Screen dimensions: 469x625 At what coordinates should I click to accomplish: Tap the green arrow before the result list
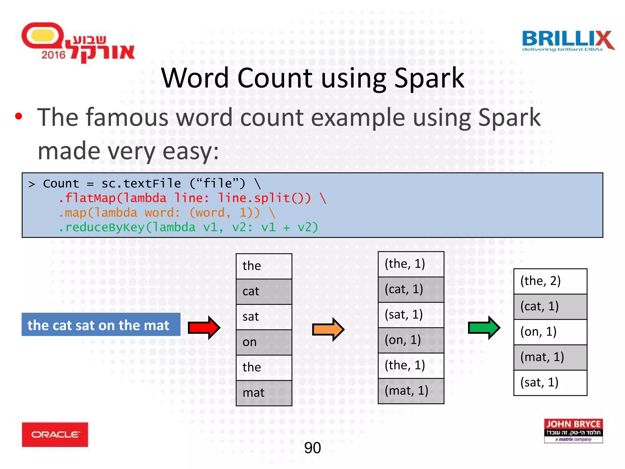tap(484, 328)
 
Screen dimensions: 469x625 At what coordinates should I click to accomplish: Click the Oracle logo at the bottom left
tap(55, 434)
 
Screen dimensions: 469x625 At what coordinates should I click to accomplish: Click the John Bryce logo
tap(573, 431)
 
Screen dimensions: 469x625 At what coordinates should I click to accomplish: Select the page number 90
tap(312, 448)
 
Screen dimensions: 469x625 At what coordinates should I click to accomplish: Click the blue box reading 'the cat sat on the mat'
tap(101, 325)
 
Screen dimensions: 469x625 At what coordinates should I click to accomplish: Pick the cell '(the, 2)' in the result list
tap(550, 281)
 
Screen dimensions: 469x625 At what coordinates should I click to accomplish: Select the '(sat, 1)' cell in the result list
tap(550, 383)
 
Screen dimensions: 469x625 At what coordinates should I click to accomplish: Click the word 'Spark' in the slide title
tap(429, 78)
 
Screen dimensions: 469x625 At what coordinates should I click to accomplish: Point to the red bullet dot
tap(19, 116)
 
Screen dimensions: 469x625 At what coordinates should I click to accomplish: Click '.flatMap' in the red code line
tap(87, 198)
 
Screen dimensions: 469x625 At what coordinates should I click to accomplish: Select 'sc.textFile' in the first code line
tap(141, 184)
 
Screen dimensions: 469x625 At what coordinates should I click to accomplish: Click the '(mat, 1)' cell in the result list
tap(550, 357)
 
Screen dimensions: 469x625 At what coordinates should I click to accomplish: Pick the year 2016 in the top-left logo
tap(53, 55)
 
